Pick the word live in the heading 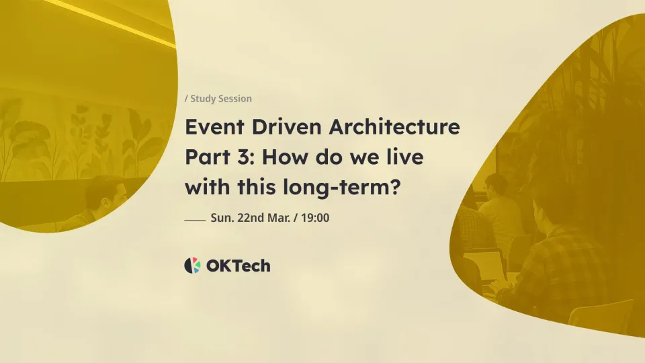404,158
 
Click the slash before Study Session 186,99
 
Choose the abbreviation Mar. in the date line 281,218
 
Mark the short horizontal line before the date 195,220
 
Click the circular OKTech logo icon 192,266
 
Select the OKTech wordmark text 239,266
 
